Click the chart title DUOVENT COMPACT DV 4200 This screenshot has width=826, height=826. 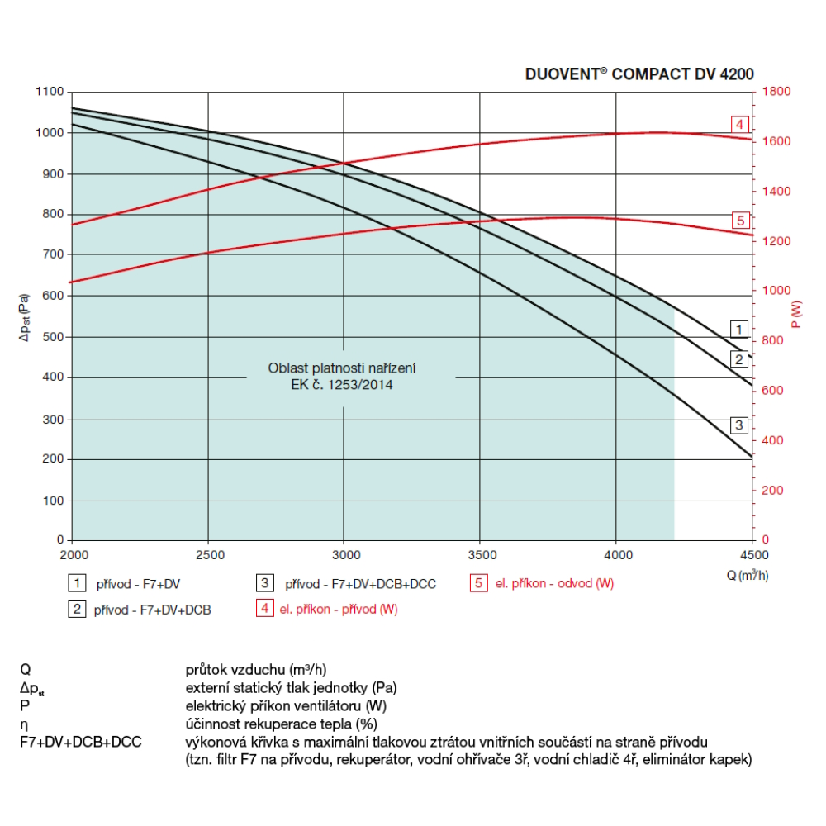(639, 74)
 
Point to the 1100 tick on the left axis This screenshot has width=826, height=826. (50, 92)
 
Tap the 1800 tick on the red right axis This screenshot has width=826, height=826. (776, 92)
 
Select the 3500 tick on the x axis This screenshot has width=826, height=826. (481, 554)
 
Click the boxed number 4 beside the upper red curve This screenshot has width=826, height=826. (740, 125)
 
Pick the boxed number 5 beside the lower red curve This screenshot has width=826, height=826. (740, 221)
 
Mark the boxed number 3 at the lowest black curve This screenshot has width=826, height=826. (739, 425)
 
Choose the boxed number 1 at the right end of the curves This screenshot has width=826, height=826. (739, 329)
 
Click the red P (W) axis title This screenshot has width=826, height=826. (795, 315)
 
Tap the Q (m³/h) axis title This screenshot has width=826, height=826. (748, 576)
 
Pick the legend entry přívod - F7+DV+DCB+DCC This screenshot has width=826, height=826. (360, 584)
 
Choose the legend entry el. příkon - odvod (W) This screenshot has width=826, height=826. (554, 584)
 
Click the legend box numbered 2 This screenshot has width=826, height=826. (77, 610)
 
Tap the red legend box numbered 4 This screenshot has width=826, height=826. (265, 610)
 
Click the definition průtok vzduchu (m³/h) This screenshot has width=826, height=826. (262, 669)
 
